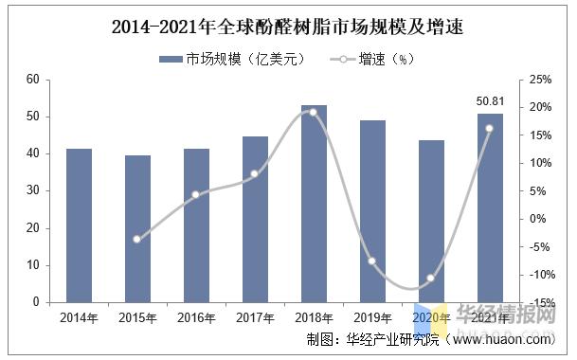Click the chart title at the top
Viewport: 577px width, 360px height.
click(x=288, y=26)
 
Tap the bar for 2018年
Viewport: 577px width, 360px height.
click(x=314, y=204)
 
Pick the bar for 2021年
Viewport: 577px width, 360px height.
click(x=490, y=208)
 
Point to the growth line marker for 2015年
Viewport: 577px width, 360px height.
click(x=136, y=239)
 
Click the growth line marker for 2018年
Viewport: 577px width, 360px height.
click(x=314, y=112)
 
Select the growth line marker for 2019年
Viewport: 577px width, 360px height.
click(x=372, y=261)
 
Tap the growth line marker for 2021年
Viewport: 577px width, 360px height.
click(x=490, y=128)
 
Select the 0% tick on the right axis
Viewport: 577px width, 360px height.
click(x=536, y=219)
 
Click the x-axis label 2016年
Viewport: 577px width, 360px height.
click(x=196, y=317)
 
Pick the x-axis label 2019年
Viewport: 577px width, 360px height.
click(x=372, y=317)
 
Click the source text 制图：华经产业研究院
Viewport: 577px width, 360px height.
click(x=373, y=339)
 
